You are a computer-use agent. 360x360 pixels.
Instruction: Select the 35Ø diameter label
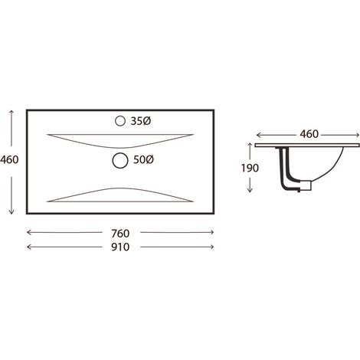pos(141,121)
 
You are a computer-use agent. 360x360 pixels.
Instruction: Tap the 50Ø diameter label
pos(143,160)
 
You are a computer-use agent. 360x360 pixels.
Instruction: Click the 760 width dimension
pos(120,233)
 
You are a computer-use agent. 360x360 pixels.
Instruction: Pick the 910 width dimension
pos(120,247)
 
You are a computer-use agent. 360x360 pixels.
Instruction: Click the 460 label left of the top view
pos(9,160)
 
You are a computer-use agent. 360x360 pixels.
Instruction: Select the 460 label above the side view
pos(309,134)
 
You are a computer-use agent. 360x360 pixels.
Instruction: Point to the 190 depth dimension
pos(250,168)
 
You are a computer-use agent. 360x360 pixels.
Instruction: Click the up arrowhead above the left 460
pos(11,112)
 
